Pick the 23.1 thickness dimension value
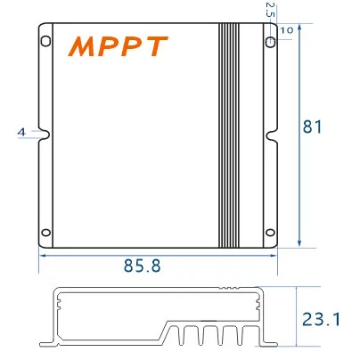point(322,318)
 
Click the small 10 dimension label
point(286,30)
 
